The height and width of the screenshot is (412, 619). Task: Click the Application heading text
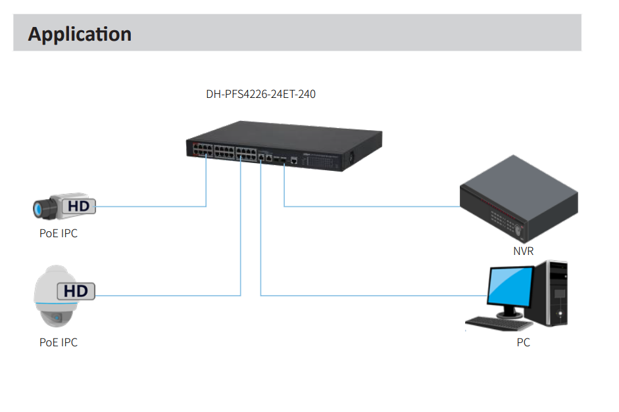click(x=80, y=34)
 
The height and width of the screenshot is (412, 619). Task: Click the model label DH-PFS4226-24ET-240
click(x=260, y=94)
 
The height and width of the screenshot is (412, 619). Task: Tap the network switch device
click(x=284, y=146)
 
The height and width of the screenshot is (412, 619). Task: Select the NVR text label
click(x=523, y=251)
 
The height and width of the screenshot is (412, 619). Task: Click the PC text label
click(x=523, y=342)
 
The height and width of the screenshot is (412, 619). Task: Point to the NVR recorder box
click(x=518, y=200)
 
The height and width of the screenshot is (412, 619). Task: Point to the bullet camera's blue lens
click(x=38, y=210)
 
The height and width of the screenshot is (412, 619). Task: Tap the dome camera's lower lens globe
click(x=57, y=317)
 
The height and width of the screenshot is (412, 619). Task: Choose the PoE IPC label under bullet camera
click(x=58, y=233)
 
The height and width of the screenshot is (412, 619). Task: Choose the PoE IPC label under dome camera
click(x=58, y=342)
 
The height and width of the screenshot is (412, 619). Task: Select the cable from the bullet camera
click(x=151, y=206)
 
